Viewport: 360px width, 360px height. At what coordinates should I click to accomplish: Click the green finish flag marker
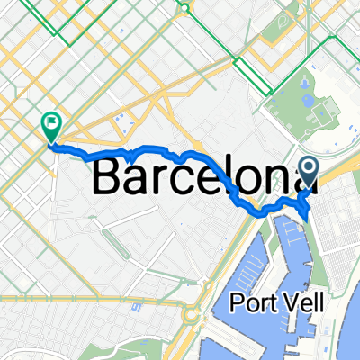coord(50,126)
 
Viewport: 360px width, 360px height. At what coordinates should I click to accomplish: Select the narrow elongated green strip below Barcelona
coord(112,242)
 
